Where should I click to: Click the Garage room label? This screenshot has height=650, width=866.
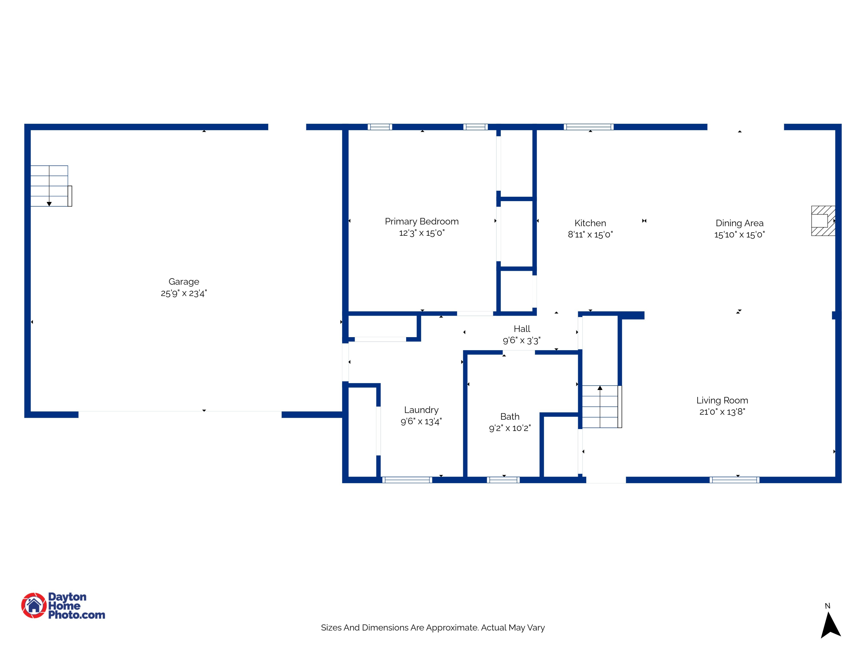coord(184,282)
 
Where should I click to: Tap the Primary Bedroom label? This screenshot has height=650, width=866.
coord(422,221)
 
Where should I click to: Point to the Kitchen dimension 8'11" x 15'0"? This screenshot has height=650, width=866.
coord(590,235)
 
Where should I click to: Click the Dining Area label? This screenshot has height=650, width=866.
coord(739,223)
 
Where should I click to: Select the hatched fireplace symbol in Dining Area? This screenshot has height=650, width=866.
coord(822,221)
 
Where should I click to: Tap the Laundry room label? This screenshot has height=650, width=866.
coord(421,410)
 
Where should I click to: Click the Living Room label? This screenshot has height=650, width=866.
coord(722,400)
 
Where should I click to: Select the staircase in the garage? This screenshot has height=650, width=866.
coord(50,186)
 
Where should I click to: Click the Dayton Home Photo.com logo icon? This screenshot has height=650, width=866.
coord(34,605)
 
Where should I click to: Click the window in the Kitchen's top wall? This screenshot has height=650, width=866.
coord(588,127)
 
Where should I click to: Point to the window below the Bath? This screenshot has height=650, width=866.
coord(503,480)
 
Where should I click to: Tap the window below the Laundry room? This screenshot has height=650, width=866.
coord(407,480)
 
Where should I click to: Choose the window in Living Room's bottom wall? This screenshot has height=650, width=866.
coord(734,480)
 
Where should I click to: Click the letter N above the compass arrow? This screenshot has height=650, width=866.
coord(827,606)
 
